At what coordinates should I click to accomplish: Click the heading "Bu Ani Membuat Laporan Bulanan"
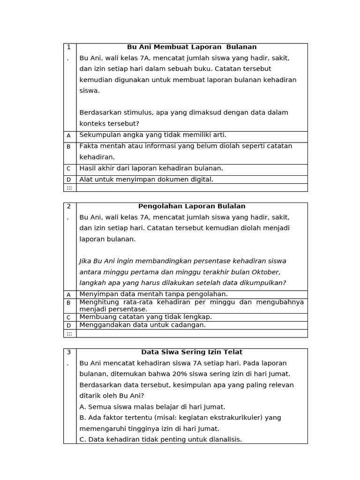tap(192, 47)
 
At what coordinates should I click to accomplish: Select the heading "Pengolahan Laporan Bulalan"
tap(192, 206)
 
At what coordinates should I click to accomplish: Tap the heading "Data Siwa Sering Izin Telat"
tap(192, 352)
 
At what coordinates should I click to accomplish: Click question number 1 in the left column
tap(68, 47)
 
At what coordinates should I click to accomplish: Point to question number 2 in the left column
tap(68, 206)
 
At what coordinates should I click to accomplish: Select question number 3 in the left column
tap(68, 352)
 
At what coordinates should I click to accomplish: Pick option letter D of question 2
tap(68, 325)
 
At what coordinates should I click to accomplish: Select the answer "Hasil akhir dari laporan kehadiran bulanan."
tap(151, 168)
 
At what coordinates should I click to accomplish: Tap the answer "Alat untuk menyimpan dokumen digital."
tap(146, 179)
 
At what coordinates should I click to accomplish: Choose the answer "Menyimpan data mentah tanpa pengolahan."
tap(153, 294)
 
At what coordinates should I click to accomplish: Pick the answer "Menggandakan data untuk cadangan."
tap(142, 325)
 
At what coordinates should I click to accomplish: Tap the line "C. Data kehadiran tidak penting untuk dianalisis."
tap(161, 439)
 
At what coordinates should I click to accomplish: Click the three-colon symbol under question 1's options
tap(69, 187)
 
